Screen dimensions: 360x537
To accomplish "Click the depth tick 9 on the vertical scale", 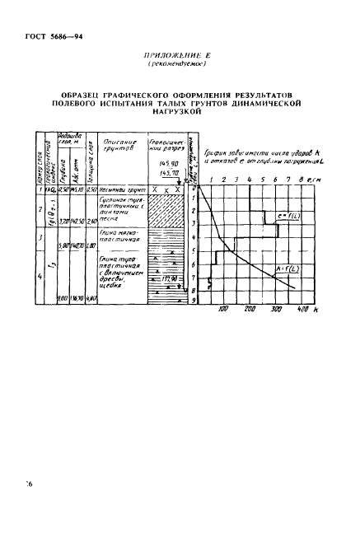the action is pyautogui.click(x=197, y=299).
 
